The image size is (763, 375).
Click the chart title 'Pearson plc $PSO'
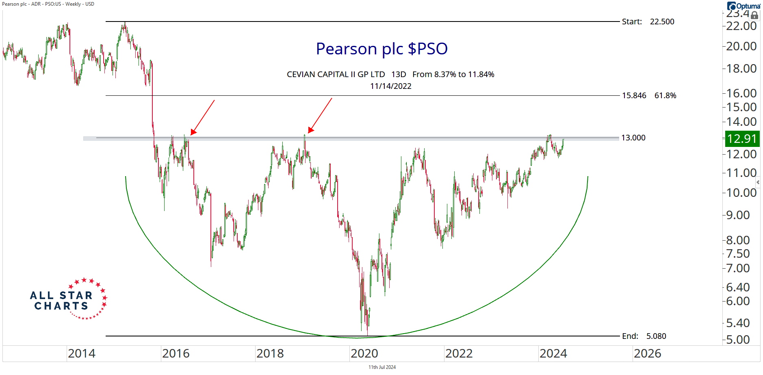coord(381,49)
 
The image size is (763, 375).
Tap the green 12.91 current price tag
coord(742,139)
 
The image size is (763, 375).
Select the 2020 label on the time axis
coord(364,353)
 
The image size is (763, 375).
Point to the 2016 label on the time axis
coord(176,353)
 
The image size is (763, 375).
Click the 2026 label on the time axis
coord(647,353)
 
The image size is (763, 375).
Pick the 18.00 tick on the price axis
coord(741,69)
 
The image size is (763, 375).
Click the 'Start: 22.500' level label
coord(648,22)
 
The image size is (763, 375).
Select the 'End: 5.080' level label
coord(644,336)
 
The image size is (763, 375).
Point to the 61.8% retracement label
coord(665,96)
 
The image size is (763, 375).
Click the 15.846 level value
coord(634,96)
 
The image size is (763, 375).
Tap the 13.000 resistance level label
coord(633,138)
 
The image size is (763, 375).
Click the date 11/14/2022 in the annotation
coord(390,86)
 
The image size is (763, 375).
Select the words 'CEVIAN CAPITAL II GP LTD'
coord(336,74)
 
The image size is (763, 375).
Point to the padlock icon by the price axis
coord(754,15)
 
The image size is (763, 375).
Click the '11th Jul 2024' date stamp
coord(382,367)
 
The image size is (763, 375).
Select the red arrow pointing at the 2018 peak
coord(320,116)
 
